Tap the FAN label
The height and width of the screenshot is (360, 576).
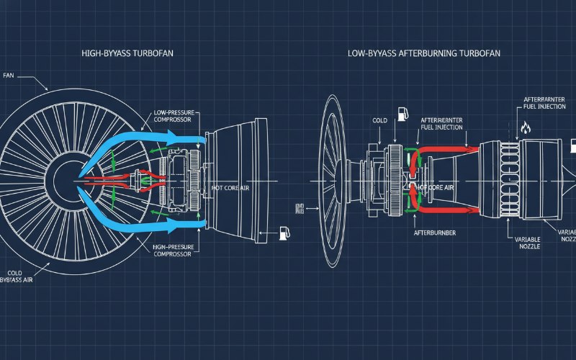coord(9,75)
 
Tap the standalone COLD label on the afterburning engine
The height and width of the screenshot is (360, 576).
coord(380,120)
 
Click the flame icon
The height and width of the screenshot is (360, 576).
coord(525,129)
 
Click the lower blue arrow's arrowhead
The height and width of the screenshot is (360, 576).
coord(204,228)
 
